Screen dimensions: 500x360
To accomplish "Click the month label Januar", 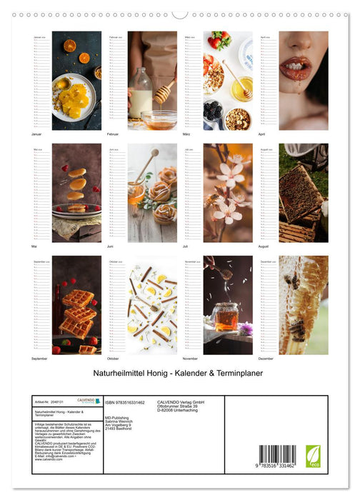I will [x=38, y=134].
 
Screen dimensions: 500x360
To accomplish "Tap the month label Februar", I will [x=114, y=134].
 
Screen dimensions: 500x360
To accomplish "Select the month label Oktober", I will [x=114, y=359].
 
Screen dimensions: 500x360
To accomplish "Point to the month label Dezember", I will [x=266, y=359].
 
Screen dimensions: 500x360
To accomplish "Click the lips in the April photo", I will [x=297, y=69].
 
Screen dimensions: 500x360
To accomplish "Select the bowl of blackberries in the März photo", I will [x=213, y=111].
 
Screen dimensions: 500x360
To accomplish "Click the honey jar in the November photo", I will [x=226, y=316].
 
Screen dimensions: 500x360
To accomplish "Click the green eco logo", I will [x=313, y=456].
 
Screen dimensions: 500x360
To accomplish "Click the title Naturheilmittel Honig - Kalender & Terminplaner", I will [x=179, y=374].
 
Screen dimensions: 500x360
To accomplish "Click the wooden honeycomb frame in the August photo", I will [x=300, y=194].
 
